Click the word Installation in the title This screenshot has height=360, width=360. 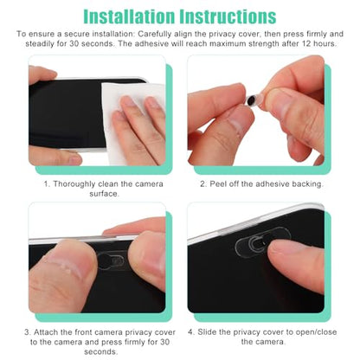click(x=129, y=16)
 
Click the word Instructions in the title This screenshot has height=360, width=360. click(x=228, y=16)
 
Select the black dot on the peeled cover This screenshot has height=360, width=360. click(x=252, y=101)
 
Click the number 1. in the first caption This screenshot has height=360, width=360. click(x=47, y=184)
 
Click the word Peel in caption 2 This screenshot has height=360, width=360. click(x=218, y=184)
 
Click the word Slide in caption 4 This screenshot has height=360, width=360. click(x=207, y=332)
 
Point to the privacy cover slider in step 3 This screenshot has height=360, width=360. click(x=112, y=260)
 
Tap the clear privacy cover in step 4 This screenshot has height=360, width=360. click(x=260, y=241)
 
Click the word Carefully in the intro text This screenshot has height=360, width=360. click(x=154, y=35)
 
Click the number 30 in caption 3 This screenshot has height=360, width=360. click(x=164, y=342)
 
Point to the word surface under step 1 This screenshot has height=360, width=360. click(x=104, y=194)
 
